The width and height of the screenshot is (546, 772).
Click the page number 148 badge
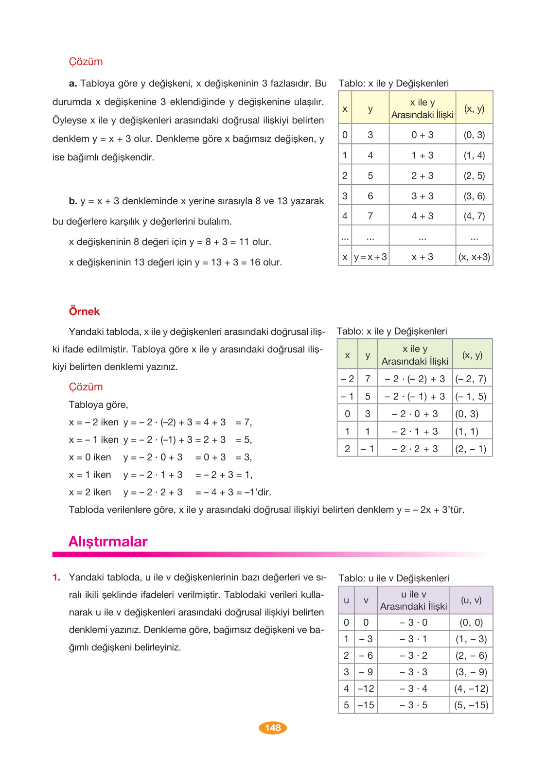click(x=273, y=728)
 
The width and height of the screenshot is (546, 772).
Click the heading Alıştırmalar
click(x=108, y=542)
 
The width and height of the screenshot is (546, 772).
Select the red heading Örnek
click(x=84, y=311)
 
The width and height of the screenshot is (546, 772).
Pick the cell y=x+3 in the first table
click(x=370, y=257)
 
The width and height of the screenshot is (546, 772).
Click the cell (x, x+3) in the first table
click(x=474, y=257)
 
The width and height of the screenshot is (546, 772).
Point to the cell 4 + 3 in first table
click(x=422, y=216)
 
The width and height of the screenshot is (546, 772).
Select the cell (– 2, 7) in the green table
click(x=471, y=379)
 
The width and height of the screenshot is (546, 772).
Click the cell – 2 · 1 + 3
click(x=415, y=431)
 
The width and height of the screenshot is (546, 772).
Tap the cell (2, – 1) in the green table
click(x=471, y=449)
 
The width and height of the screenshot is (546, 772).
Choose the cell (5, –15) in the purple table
click(x=471, y=705)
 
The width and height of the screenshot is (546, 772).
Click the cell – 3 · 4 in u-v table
click(x=413, y=688)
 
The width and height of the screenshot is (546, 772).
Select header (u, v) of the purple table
click(x=471, y=600)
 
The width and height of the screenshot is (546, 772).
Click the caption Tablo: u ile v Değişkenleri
click(x=393, y=578)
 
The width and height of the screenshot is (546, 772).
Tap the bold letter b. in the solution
click(x=73, y=201)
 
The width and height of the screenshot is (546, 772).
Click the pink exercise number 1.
click(x=56, y=578)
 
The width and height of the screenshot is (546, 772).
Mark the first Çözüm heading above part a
click(x=86, y=62)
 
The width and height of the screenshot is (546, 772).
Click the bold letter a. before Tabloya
click(x=73, y=84)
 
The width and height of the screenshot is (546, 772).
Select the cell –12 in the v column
click(x=366, y=688)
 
